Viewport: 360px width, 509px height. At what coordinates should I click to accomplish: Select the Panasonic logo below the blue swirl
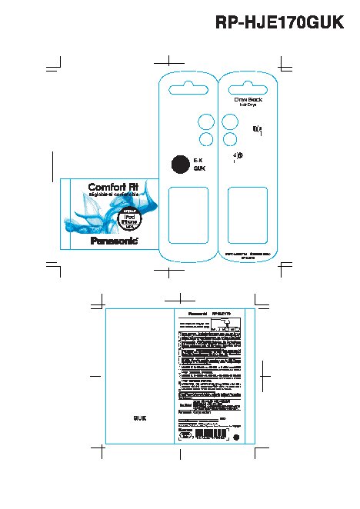coord(114,240)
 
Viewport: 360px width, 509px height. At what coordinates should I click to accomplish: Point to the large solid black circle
coord(178,162)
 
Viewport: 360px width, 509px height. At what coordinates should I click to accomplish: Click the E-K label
coord(198,158)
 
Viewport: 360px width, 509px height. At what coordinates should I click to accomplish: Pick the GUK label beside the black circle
coord(198,168)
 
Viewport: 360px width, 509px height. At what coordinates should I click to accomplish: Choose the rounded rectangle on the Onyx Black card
coord(248,215)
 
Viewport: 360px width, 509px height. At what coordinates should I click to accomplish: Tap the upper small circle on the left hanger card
coord(206,121)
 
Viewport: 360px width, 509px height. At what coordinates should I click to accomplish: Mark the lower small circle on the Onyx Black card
coord(229,138)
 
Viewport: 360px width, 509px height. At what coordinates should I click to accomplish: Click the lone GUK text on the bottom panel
coord(139,418)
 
